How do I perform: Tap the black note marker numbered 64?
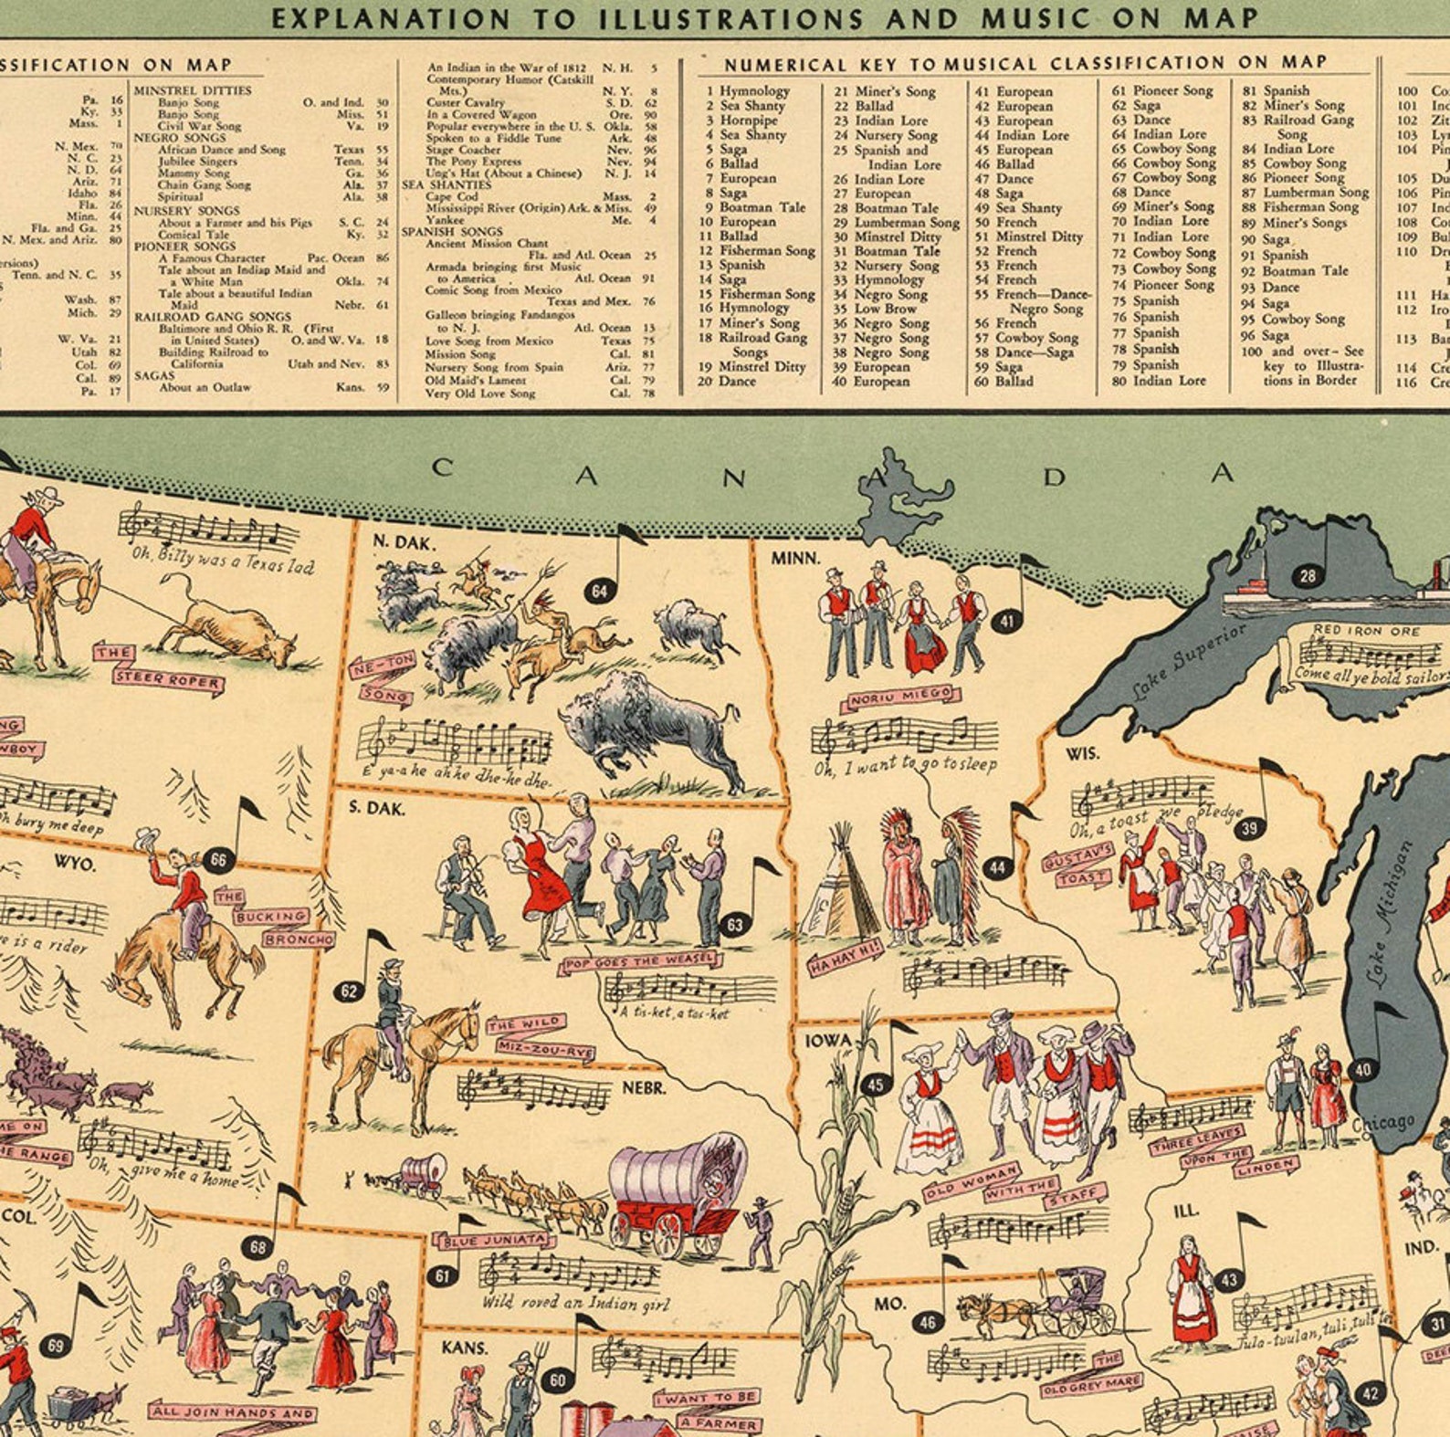(598, 592)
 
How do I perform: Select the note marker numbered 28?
(1308, 576)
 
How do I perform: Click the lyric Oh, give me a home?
(163, 1173)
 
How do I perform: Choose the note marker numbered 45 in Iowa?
(875, 1085)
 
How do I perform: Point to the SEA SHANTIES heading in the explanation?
(447, 184)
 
